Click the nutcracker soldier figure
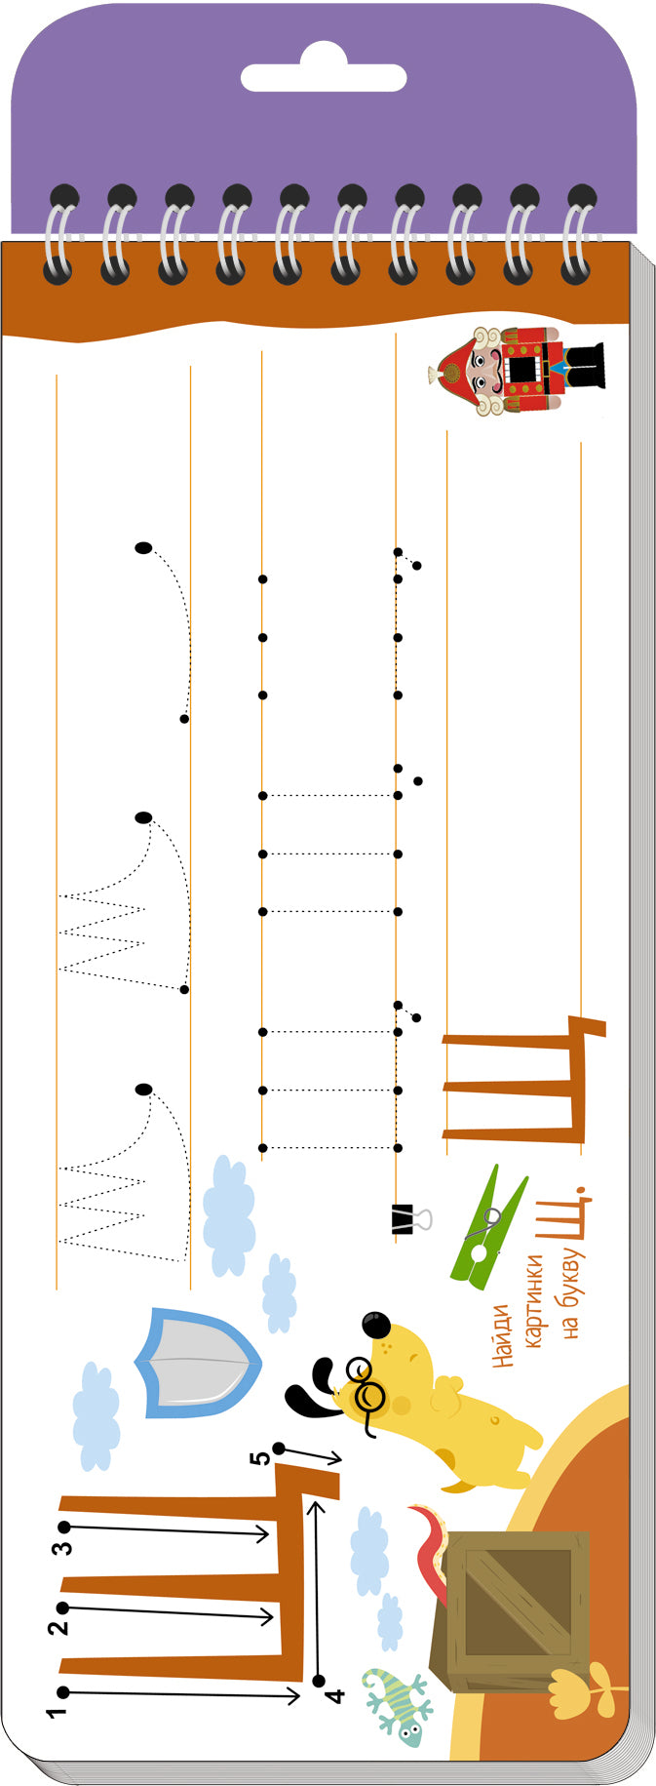pyautogui.click(x=517, y=371)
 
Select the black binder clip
pyautogui.click(x=410, y=1219)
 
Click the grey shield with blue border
pyautogui.click(x=197, y=1361)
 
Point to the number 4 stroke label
pyautogui.click(x=334, y=1696)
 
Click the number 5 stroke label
pyautogui.click(x=258, y=1459)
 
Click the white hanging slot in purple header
pyautogui.click(x=324, y=72)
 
